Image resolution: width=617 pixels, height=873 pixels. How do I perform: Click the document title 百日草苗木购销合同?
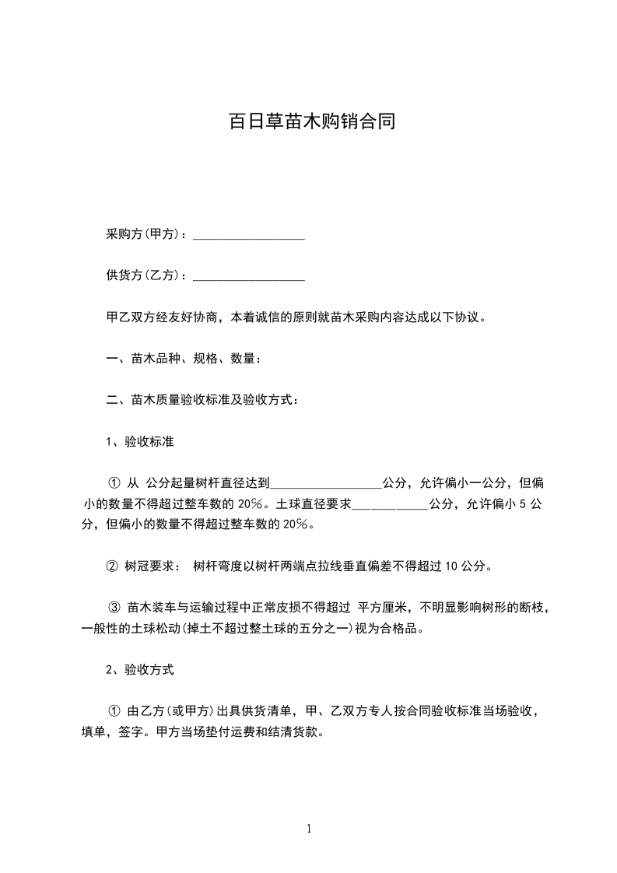(311, 122)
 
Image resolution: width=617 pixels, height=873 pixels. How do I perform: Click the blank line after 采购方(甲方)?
(248, 235)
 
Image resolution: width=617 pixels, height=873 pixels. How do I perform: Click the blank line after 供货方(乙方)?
(248, 276)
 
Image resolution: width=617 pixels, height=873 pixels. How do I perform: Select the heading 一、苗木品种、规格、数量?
(183, 359)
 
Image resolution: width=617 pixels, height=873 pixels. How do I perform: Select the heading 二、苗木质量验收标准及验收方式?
(202, 400)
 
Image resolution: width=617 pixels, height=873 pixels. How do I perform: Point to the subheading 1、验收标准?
(139, 442)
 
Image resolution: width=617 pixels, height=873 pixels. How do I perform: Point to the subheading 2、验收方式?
(139, 668)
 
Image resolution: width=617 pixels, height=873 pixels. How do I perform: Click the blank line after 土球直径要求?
(390, 504)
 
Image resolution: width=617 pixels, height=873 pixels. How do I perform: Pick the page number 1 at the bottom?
(309, 829)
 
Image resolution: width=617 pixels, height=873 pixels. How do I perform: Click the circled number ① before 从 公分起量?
(112, 483)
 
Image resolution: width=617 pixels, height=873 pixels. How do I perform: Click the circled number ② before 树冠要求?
(112, 566)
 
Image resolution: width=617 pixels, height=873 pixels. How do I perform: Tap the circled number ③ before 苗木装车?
(115, 608)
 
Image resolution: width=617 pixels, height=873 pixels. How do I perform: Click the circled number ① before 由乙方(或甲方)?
(114, 710)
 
